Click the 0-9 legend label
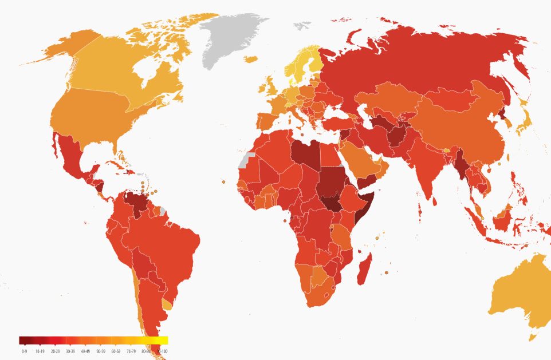[x=24, y=350]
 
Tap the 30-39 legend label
[x=70, y=350]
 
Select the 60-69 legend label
[x=115, y=350]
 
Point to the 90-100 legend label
[x=162, y=350]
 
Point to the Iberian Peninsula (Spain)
[x=267, y=123]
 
